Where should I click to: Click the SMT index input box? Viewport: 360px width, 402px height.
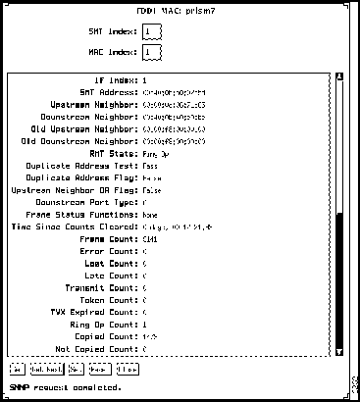[149, 31]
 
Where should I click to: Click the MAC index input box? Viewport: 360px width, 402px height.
[149, 52]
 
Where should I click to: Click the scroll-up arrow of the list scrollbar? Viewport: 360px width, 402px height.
[339, 78]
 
